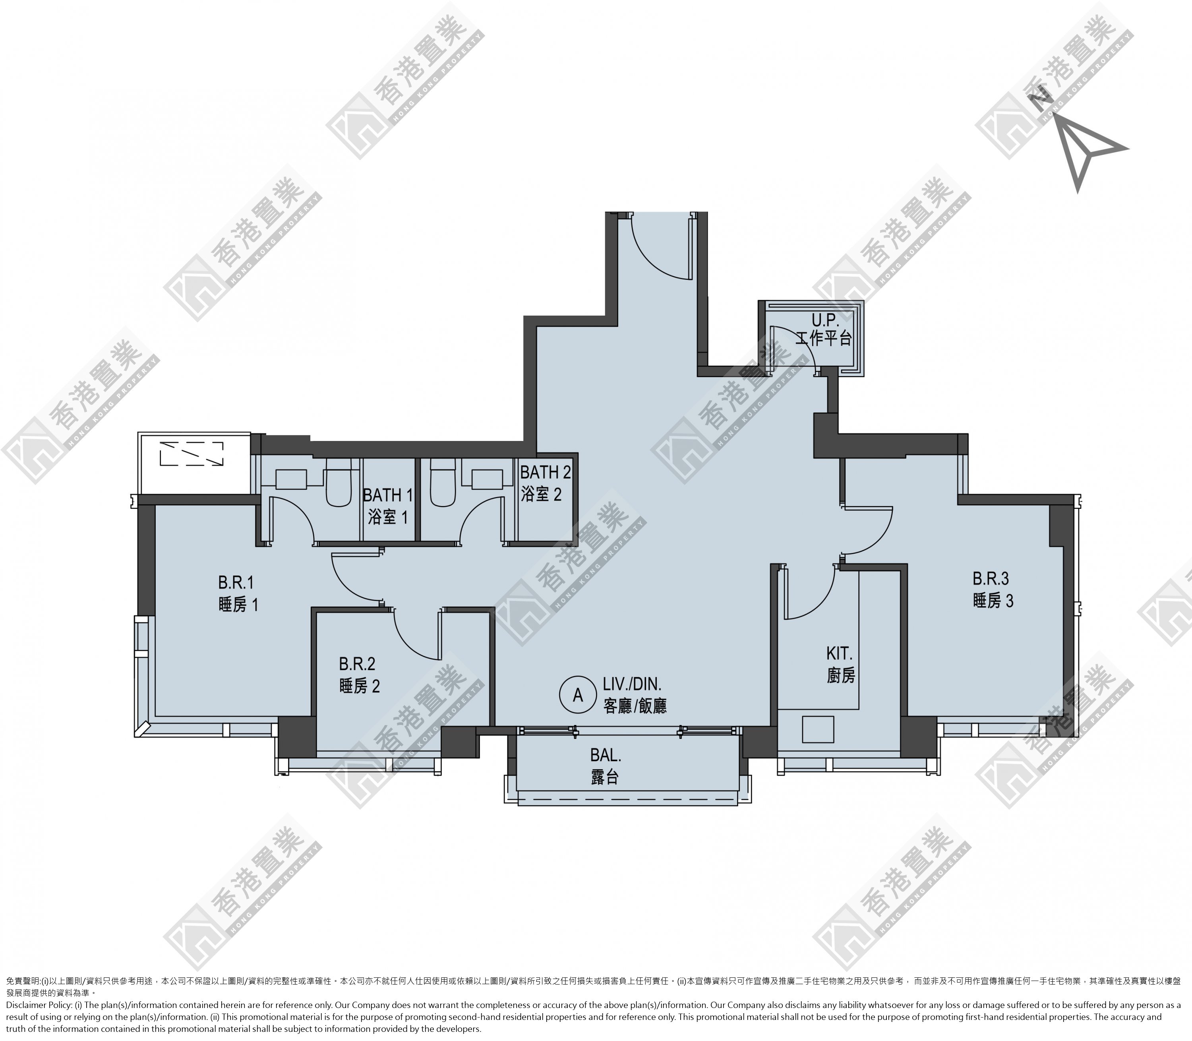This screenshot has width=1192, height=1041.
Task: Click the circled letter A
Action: (x=578, y=695)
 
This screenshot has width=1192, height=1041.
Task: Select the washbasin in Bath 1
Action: (x=291, y=480)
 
